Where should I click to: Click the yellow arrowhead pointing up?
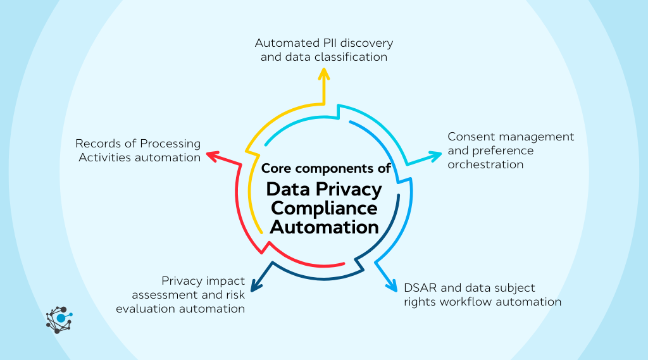tap(324, 73)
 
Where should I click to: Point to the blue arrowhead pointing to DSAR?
tap(391, 286)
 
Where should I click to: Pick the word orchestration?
tap(486, 164)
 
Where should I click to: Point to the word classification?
tap(355, 57)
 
